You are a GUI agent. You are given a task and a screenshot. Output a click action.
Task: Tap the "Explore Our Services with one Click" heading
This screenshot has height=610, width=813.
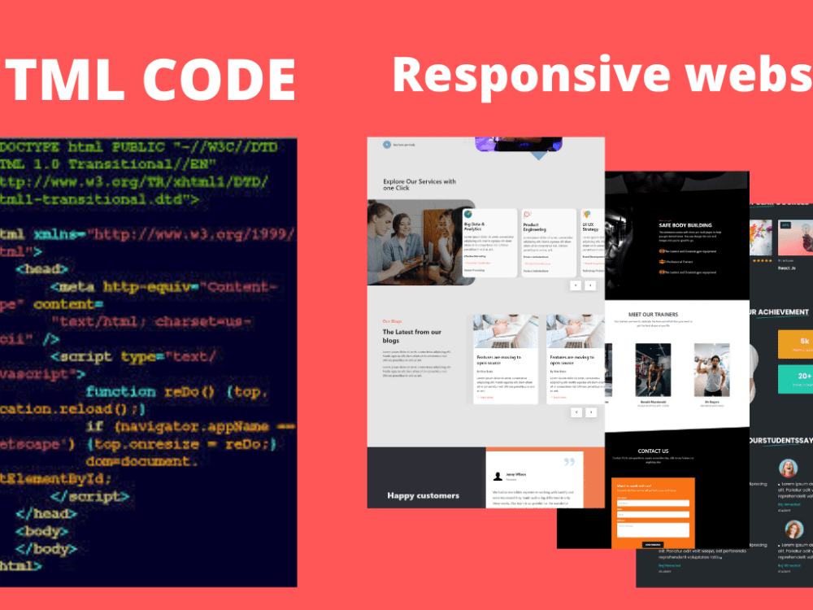[x=420, y=185]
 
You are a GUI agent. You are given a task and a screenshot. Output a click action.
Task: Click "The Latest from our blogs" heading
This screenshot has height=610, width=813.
[x=412, y=335]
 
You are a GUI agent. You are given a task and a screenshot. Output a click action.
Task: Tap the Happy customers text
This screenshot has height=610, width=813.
[x=423, y=495]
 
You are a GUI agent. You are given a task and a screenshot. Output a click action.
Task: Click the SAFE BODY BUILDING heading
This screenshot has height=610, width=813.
[x=685, y=225]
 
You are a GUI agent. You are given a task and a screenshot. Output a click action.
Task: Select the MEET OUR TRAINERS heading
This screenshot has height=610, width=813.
[x=653, y=314]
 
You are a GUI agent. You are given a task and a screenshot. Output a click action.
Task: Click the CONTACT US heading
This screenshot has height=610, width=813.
[x=653, y=451]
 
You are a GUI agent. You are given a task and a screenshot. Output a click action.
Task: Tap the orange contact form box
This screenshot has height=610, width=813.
[x=653, y=512]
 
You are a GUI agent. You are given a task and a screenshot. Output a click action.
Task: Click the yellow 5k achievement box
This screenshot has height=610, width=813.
[x=796, y=345]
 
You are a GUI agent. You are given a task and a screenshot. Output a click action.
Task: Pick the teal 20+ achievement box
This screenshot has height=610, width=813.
[x=796, y=379]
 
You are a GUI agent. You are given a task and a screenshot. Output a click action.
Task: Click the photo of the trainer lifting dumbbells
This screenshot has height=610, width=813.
[x=711, y=370]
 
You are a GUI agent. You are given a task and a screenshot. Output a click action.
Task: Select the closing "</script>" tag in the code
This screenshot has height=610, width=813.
[x=90, y=496]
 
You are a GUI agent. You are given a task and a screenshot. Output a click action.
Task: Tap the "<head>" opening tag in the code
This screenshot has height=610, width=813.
[x=41, y=268]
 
